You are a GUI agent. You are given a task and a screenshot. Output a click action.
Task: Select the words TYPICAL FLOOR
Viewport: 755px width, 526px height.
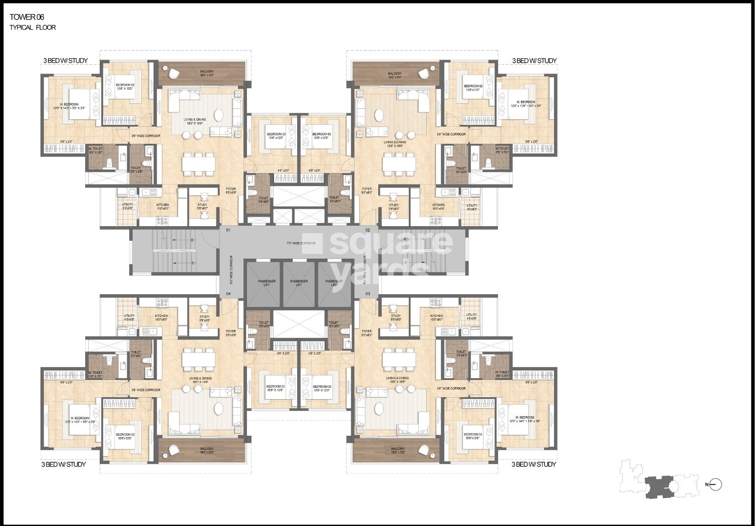point(33,28)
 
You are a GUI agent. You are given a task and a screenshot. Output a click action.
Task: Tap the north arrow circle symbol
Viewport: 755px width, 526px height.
point(716,484)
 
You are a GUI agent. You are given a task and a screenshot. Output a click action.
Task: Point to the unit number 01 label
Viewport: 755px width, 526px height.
point(228,230)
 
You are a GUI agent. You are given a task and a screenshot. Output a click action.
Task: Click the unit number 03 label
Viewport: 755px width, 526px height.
point(368,293)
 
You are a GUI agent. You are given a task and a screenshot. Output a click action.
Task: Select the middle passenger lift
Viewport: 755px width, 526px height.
point(299,284)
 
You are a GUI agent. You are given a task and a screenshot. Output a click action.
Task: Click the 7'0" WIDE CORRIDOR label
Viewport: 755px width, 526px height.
point(301,243)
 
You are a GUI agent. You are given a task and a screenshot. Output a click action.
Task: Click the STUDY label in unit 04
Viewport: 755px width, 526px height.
point(204,317)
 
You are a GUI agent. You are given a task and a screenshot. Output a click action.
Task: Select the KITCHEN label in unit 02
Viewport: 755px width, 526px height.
point(438,205)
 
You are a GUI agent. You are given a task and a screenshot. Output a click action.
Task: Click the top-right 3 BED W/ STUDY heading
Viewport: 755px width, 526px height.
point(534,61)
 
